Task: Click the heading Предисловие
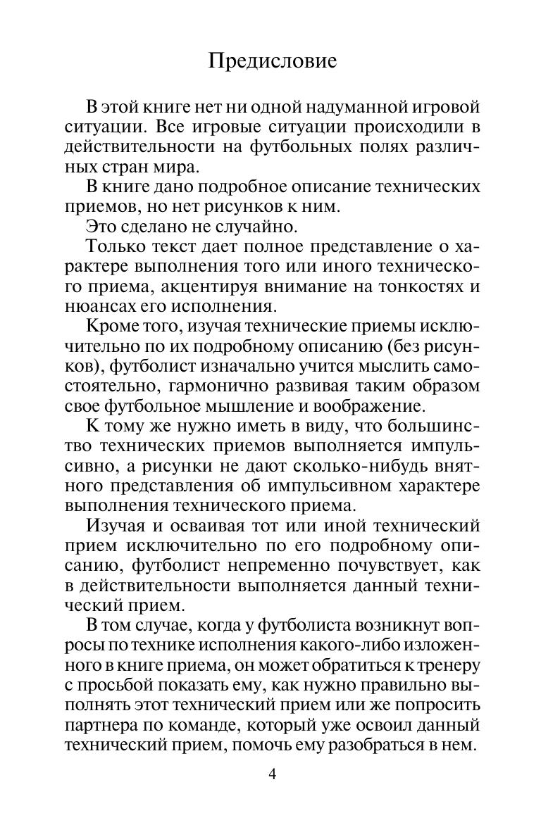(273, 61)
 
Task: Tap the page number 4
(273, 775)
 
